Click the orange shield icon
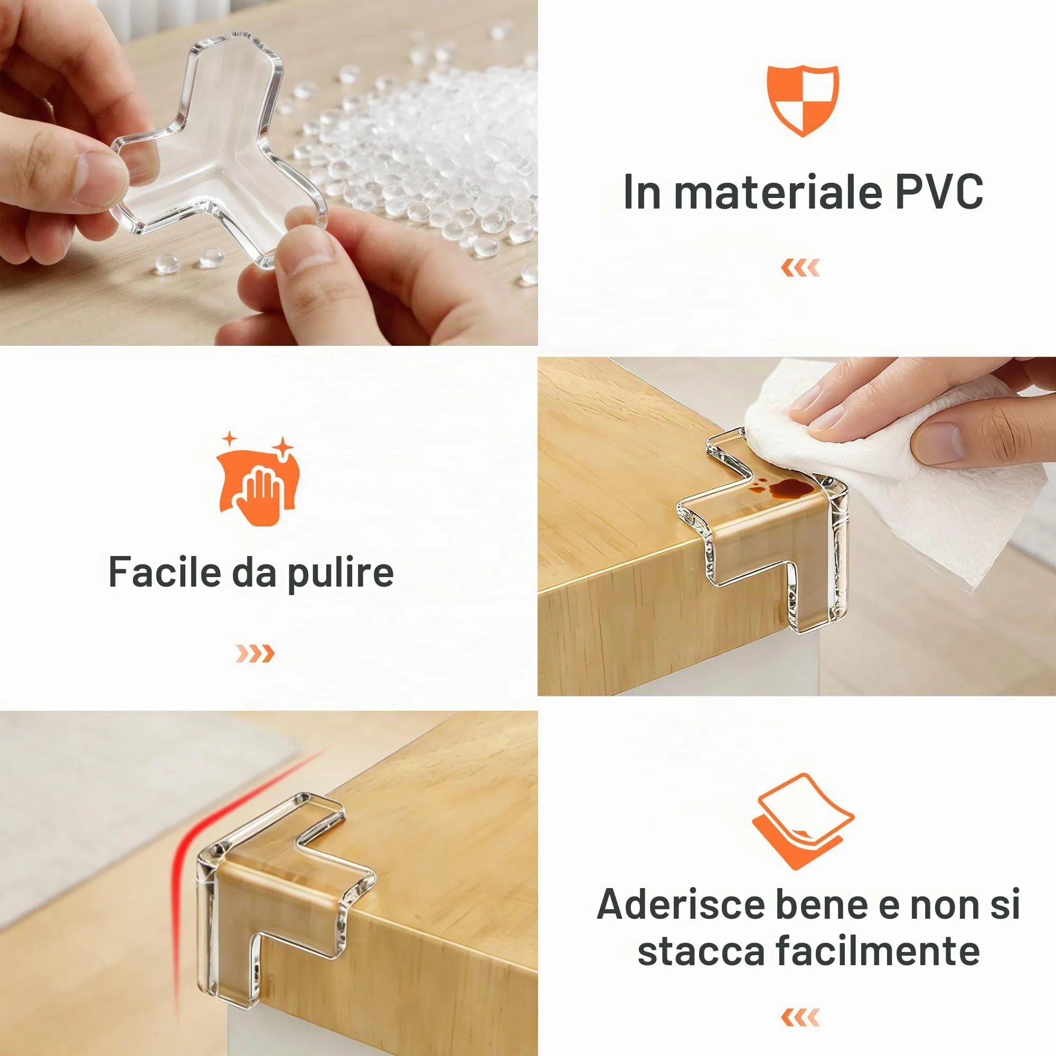803,100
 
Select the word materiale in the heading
778,192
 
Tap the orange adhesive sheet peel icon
803,822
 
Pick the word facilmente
878,951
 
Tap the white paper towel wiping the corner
897,481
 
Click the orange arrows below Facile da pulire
254,653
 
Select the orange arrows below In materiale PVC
801,268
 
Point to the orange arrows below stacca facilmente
801,1017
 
